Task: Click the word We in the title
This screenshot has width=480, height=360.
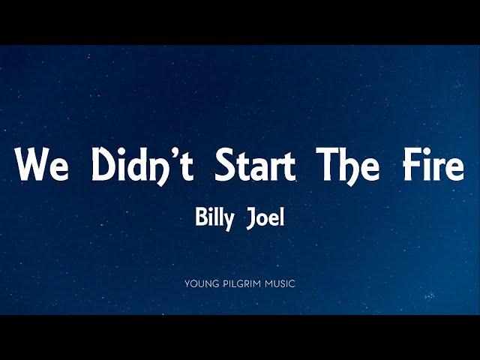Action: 43,164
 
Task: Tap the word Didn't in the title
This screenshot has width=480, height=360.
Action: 143,166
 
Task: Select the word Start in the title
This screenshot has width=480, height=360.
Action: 255,164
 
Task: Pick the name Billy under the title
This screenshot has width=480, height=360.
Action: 215,219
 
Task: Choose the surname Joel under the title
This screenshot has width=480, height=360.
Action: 265,218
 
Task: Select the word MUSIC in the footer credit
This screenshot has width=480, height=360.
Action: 280,283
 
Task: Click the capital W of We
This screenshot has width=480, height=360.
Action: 31,164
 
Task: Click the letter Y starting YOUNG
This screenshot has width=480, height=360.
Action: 188,283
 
